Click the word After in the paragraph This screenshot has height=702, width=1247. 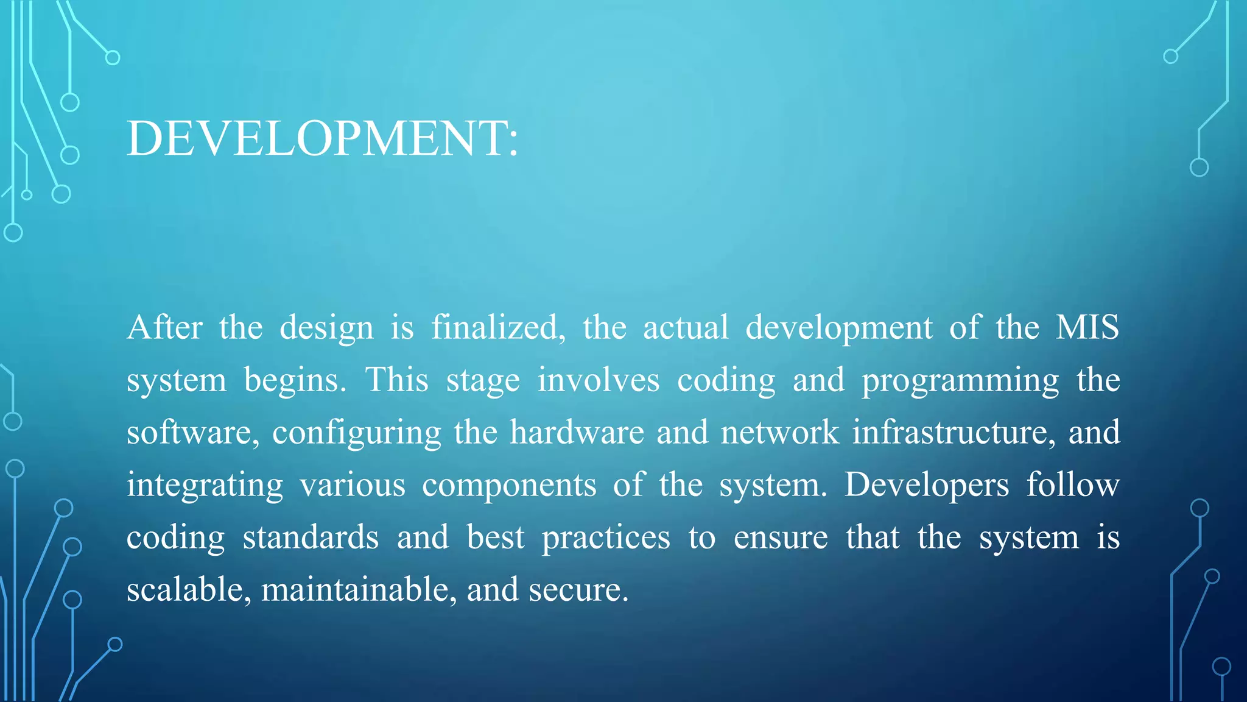tap(164, 327)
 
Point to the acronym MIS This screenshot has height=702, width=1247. tap(1087, 327)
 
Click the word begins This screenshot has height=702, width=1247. tap(295, 381)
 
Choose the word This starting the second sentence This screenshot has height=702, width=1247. tap(396, 380)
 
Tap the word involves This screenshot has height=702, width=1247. tap(598, 380)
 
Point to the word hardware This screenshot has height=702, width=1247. tap(577, 433)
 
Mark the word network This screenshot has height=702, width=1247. tap(779, 433)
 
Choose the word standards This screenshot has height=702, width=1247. tap(311, 537)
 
